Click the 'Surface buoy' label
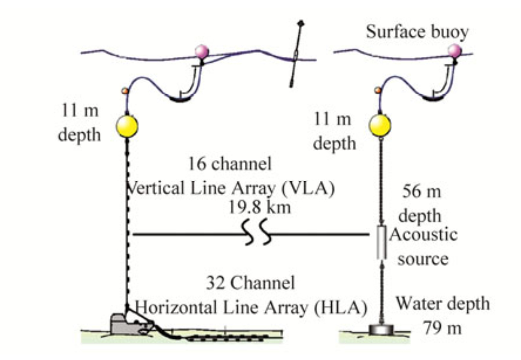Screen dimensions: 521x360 point(417,32)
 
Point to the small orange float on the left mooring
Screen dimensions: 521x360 point(124,91)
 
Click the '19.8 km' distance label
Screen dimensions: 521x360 point(259,207)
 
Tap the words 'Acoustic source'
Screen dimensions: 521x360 point(422,247)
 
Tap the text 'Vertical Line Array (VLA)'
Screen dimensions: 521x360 point(229,188)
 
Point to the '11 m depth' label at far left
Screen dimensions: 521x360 point(80,123)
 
